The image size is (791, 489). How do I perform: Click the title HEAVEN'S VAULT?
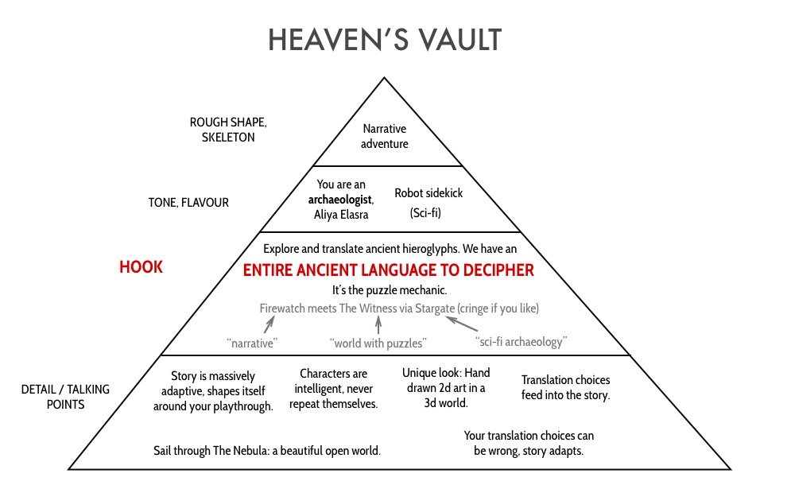tap(385, 39)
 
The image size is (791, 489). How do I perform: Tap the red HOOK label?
tap(141, 267)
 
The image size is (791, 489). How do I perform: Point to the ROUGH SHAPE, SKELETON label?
tap(223, 130)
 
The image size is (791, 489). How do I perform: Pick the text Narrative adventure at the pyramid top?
tap(385, 136)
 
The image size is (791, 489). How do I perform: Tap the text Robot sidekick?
tap(428, 192)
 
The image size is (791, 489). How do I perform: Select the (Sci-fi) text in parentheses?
tap(426, 213)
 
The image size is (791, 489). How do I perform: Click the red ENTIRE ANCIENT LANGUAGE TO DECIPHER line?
tap(389, 270)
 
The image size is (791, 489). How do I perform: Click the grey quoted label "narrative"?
tap(252, 343)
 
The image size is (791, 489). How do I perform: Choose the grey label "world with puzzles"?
tap(378, 343)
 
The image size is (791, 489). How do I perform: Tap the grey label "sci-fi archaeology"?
tap(520, 343)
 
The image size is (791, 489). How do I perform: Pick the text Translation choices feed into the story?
tap(565, 388)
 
